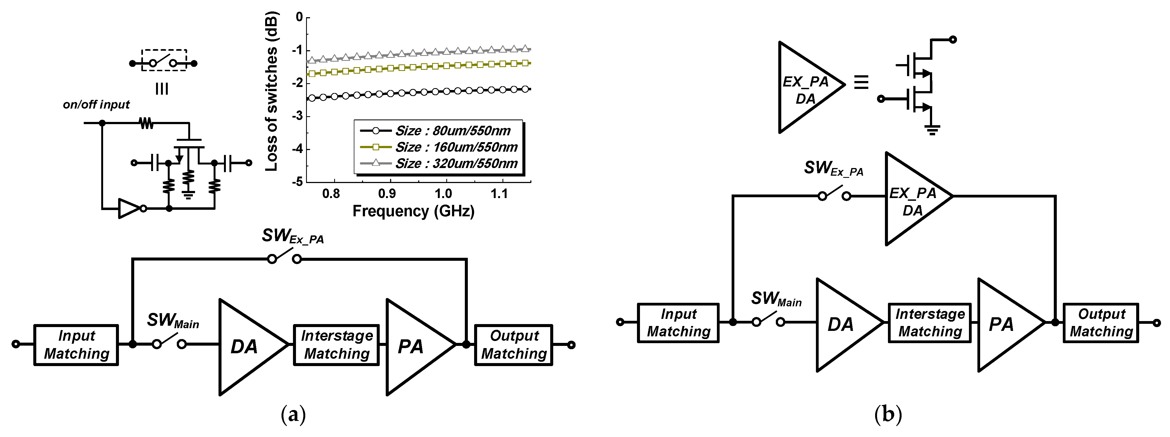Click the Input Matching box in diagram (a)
[76, 345]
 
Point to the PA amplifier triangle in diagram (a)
[413, 347]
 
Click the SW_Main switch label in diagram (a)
[173, 321]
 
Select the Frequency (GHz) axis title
[413, 211]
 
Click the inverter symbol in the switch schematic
[131, 208]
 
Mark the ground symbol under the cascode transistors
[932, 130]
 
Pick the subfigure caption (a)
[293, 414]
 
